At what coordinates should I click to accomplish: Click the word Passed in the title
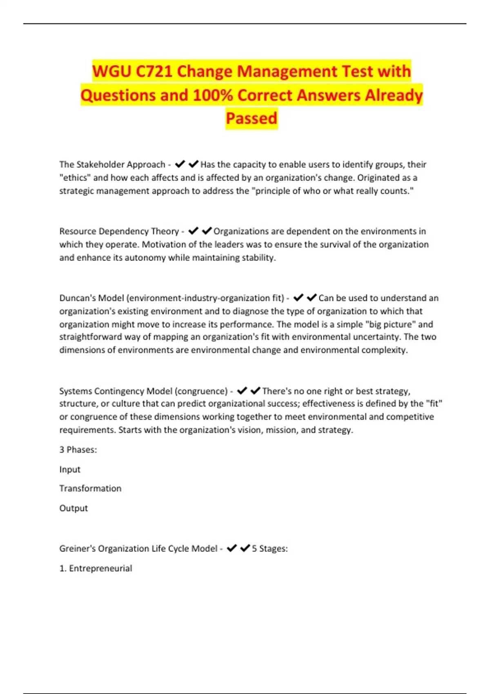252,118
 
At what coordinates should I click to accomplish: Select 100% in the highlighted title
213,95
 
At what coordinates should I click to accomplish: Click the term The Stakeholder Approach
112,165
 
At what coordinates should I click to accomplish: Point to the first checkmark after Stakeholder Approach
180,164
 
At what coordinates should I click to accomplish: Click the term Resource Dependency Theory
119,231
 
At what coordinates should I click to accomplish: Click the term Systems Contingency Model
116,391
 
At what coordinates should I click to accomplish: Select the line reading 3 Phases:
78,449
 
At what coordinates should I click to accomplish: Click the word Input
70,469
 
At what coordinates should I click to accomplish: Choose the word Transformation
90,488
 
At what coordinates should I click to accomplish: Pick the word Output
73,508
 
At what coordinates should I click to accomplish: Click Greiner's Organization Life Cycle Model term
138,549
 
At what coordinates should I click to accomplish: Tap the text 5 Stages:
269,549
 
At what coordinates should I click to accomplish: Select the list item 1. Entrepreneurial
96,568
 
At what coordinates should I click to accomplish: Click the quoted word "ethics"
75,178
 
